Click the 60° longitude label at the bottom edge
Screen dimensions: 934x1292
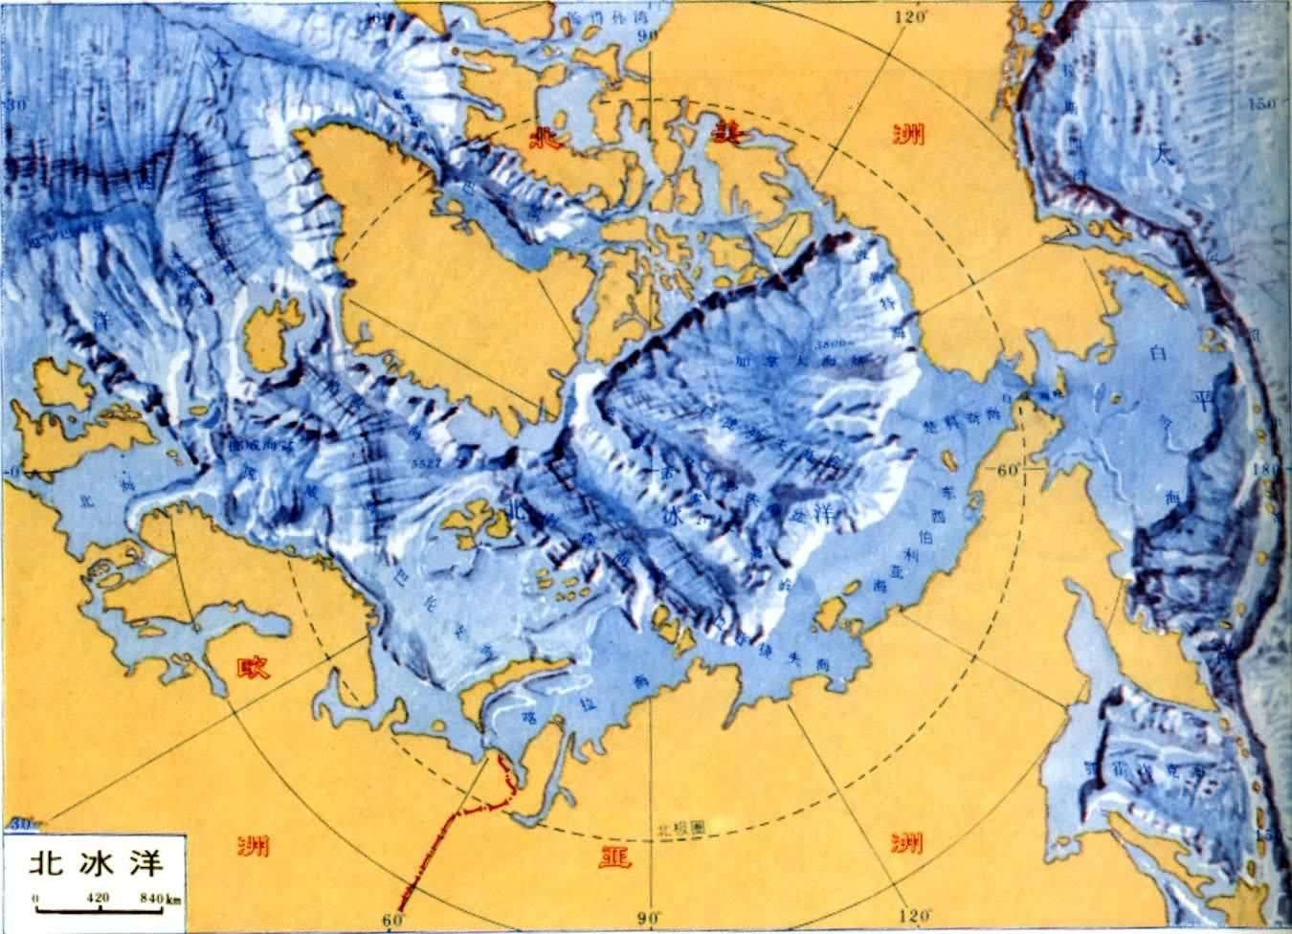click(x=391, y=920)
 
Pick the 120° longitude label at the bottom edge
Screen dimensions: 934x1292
click(x=915, y=920)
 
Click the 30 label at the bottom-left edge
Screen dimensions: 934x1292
click(x=19, y=822)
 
